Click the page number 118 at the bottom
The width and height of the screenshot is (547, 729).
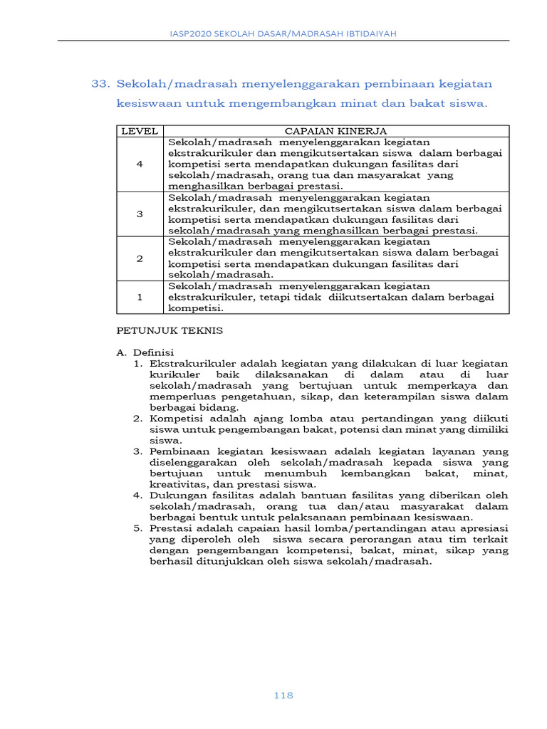pyautogui.click(x=283, y=696)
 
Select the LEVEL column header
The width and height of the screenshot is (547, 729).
pyautogui.click(x=140, y=131)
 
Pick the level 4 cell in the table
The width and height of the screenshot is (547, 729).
pyautogui.click(x=140, y=164)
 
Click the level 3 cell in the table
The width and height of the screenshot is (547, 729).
pyautogui.click(x=140, y=214)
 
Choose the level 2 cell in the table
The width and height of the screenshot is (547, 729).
pyautogui.click(x=140, y=258)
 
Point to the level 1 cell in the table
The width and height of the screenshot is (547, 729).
pyautogui.click(x=140, y=298)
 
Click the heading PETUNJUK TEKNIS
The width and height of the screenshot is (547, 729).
pyautogui.click(x=170, y=330)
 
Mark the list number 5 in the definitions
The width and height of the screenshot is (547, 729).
pyautogui.click(x=138, y=528)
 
